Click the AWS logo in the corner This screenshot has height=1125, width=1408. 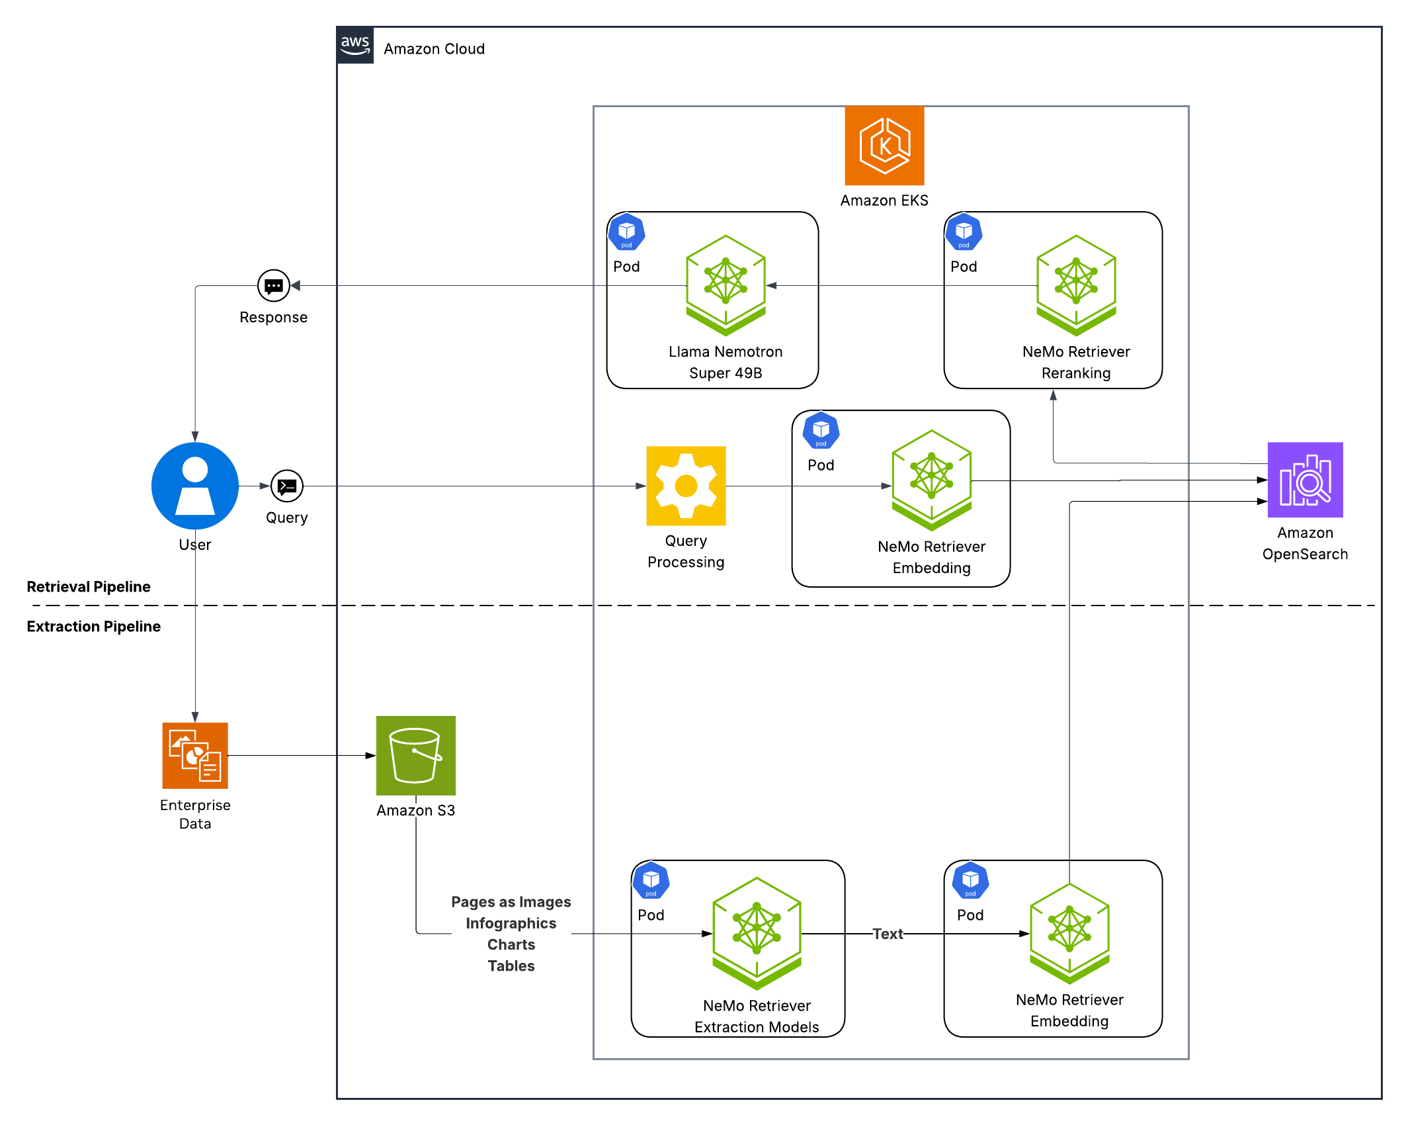coord(355,46)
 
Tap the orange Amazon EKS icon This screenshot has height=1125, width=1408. coord(884,146)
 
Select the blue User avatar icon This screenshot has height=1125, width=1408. coord(194,485)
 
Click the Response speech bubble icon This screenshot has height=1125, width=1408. coord(273,286)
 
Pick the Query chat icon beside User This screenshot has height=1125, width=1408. coord(286,486)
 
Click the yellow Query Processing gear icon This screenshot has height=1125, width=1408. coord(686,485)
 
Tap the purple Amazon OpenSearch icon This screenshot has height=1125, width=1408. coord(1304,480)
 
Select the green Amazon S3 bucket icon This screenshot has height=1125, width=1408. coord(415,755)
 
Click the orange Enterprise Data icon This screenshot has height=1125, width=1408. coord(194,755)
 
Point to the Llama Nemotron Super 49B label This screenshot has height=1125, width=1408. coord(725,362)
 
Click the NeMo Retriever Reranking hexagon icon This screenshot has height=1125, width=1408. coord(1075,285)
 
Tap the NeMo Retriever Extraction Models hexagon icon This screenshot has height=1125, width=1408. coord(757,932)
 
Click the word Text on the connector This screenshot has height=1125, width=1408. coord(887,934)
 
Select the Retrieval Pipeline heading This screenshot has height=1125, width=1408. coord(89,586)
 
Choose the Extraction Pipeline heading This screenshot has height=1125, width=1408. coord(93,626)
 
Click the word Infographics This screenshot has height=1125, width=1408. coord(511,923)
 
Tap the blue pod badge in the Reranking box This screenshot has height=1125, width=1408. coord(963,232)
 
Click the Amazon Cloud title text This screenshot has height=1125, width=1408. coord(434,49)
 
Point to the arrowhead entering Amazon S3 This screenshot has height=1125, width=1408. coord(370,755)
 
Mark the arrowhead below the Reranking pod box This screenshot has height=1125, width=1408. coord(1053,395)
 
